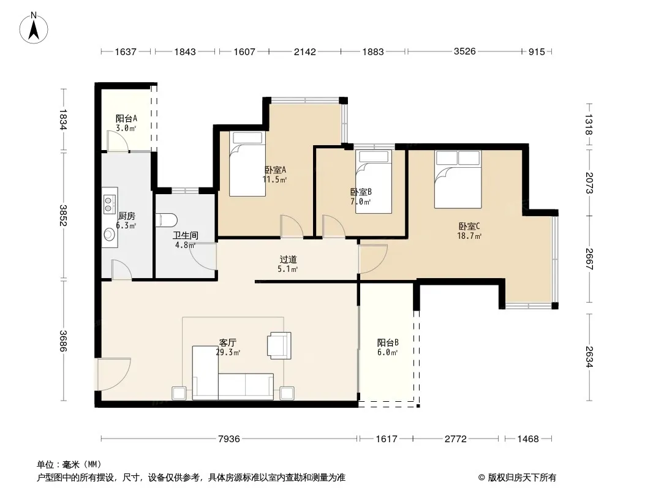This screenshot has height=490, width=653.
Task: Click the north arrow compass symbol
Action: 34,28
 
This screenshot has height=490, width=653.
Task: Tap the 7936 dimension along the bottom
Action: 228,439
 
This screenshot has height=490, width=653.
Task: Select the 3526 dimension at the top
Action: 464,51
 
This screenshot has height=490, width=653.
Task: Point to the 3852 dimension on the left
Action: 63,215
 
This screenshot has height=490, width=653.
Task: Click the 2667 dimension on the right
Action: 589,259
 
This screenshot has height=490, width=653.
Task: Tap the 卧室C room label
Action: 469,227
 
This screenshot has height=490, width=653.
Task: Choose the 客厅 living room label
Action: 228,342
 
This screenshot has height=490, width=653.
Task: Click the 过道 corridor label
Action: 288,259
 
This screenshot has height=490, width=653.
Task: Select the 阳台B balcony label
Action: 388,342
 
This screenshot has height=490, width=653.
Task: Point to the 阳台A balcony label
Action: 126,119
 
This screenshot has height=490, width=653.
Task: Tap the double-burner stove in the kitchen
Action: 110,203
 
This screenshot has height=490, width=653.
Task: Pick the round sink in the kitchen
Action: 110,234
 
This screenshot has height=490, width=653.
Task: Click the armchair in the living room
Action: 279,345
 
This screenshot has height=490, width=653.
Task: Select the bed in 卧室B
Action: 374,182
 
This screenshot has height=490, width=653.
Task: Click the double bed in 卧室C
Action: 458,179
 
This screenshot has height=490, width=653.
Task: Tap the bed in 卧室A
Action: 247,164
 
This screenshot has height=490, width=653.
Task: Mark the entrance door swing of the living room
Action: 114,374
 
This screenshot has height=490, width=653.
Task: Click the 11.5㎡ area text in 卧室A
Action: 275,180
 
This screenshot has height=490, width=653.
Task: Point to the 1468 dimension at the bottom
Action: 527,439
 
